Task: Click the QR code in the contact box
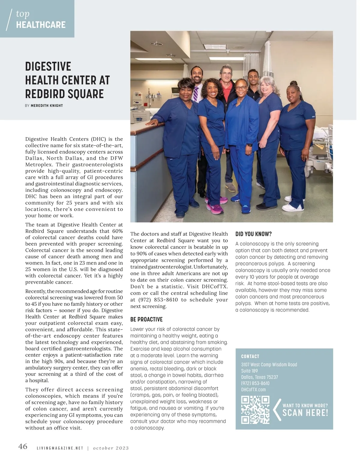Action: tap(255, 410)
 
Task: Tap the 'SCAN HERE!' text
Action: tap(305, 413)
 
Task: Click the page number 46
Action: tap(23, 447)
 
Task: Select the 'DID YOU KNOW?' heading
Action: tap(253, 234)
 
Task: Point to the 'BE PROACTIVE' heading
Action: tap(146, 320)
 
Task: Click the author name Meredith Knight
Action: tap(47, 106)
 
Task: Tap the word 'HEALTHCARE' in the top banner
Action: tap(41, 25)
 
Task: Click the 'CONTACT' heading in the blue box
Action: tap(250, 356)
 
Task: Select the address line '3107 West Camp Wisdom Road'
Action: tap(269, 364)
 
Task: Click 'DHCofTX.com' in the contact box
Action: tap(253, 390)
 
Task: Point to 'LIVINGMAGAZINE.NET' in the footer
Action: tap(60, 448)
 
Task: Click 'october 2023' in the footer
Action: tap(111, 448)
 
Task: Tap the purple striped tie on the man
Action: tap(196, 94)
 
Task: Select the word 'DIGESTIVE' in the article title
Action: tap(48, 66)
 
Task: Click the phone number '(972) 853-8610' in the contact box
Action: tap(255, 383)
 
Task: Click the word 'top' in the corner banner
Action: tap(23, 13)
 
